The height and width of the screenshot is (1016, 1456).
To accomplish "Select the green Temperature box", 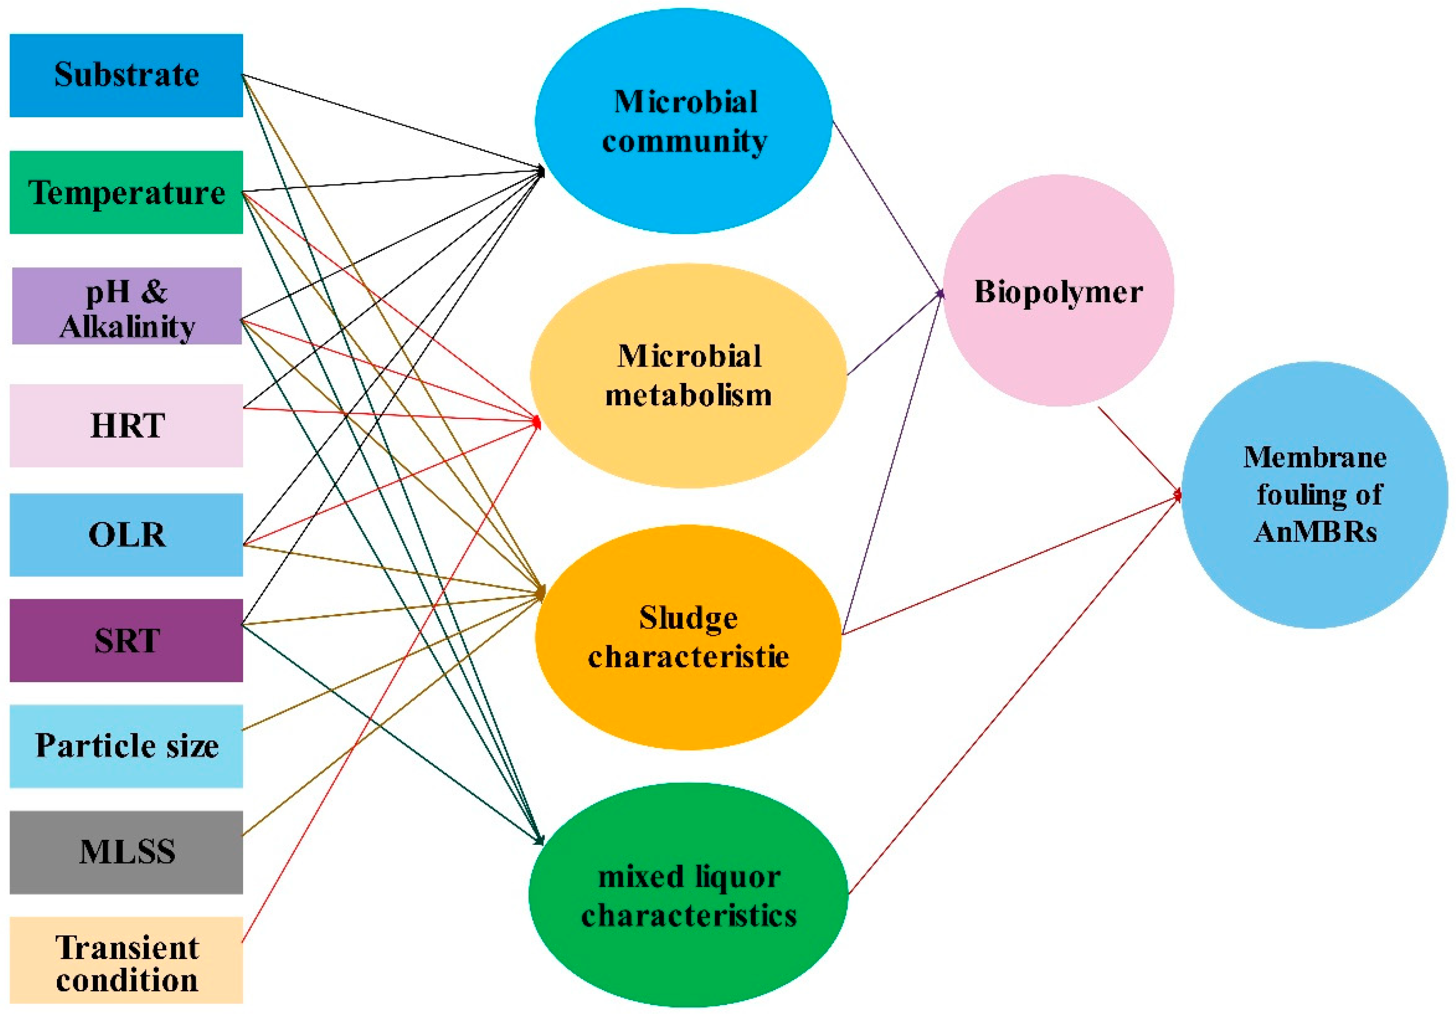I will pyautogui.click(x=126, y=192).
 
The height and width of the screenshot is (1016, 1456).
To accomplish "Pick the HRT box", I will pyautogui.click(x=126, y=425).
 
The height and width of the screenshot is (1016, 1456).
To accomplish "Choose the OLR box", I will pyautogui.click(x=126, y=535).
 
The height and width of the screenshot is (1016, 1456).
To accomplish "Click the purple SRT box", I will pyautogui.click(x=126, y=641).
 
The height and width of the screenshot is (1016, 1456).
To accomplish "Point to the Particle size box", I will pyautogui.click(x=126, y=746).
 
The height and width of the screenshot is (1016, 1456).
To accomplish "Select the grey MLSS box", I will pyautogui.click(x=126, y=852).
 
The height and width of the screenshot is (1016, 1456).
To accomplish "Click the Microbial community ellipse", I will pyautogui.click(x=684, y=121).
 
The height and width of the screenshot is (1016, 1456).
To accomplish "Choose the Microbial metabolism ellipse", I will pyautogui.click(x=688, y=375).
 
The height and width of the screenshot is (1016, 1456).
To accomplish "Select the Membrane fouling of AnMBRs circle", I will pyautogui.click(x=1314, y=495).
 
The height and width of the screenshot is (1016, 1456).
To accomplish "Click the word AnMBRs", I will pyautogui.click(x=1315, y=531).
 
